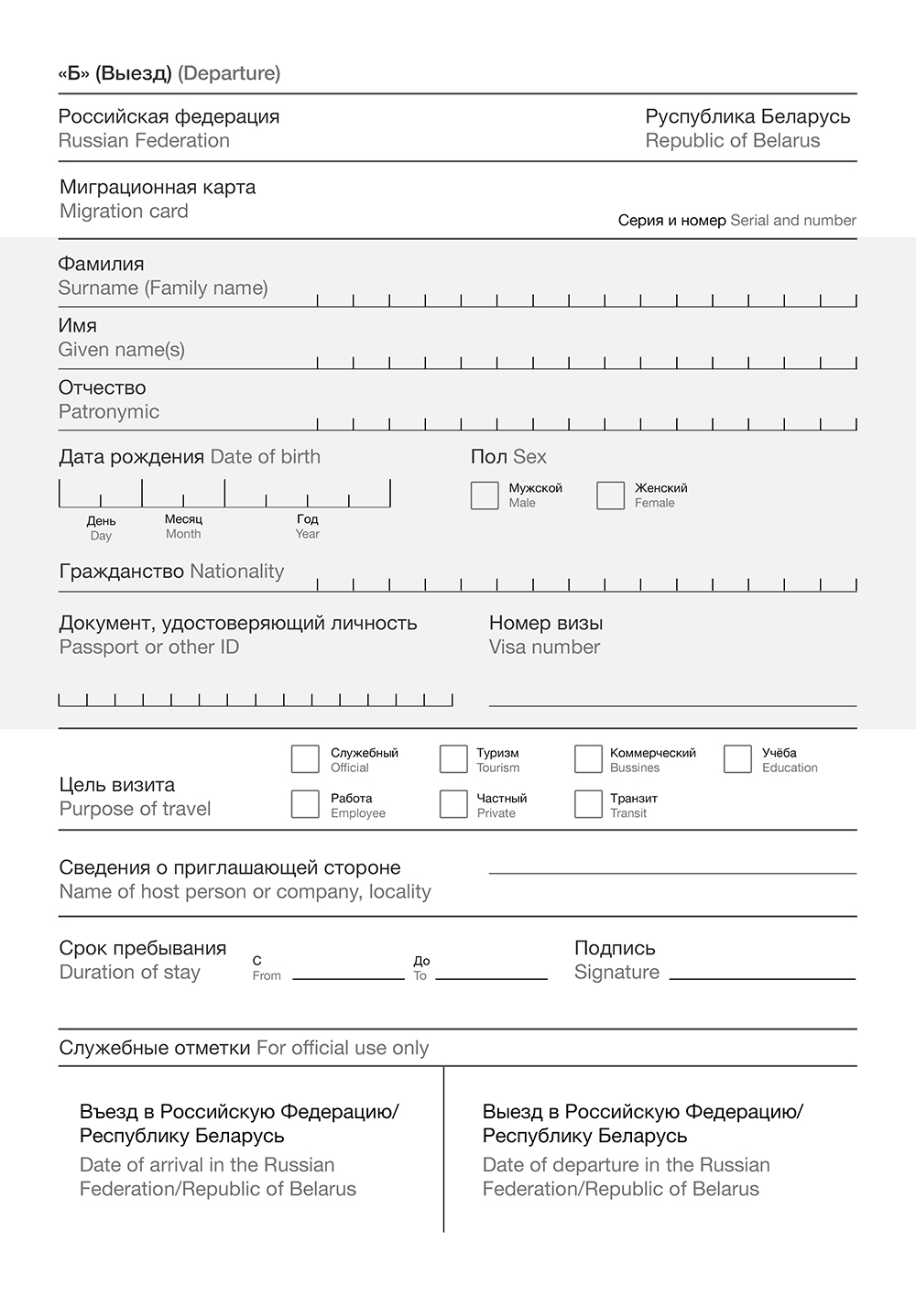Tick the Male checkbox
pos(484,496)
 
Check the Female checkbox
pos(610,496)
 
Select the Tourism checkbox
pos(453,759)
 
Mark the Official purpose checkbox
pos(305,759)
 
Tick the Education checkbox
pos(737,759)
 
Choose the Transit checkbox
pos(588,804)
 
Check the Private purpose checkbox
pos(453,804)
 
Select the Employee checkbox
pos(305,804)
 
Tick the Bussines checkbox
pos(588,759)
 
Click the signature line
pos(762,976)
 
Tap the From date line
pos(348,976)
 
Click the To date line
pos(491,976)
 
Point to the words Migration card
pos(124,212)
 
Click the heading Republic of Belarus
pos(733,141)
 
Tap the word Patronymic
pos(109,412)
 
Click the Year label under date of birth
pos(307,534)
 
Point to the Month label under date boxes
pos(183,534)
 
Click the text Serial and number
pos(793,221)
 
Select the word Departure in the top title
pos(229,73)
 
